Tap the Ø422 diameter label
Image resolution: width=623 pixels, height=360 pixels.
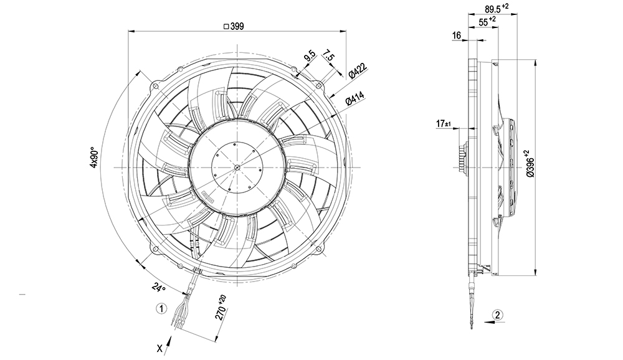click(x=356, y=70)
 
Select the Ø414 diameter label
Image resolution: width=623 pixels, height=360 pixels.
click(x=356, y=100)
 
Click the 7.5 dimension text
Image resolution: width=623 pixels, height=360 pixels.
click(x=330, y=58)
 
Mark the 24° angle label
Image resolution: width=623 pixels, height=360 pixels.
click(x=159, y=287)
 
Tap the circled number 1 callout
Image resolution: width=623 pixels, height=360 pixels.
click(x=161, y=308)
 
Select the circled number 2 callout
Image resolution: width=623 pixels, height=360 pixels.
click(x=497, y=314)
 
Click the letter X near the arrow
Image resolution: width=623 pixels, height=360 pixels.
click(x=160, y=349)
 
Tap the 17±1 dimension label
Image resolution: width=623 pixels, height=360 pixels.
click(x=444, y=124)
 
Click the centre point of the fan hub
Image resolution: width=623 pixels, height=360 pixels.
click(x=239, y=167)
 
